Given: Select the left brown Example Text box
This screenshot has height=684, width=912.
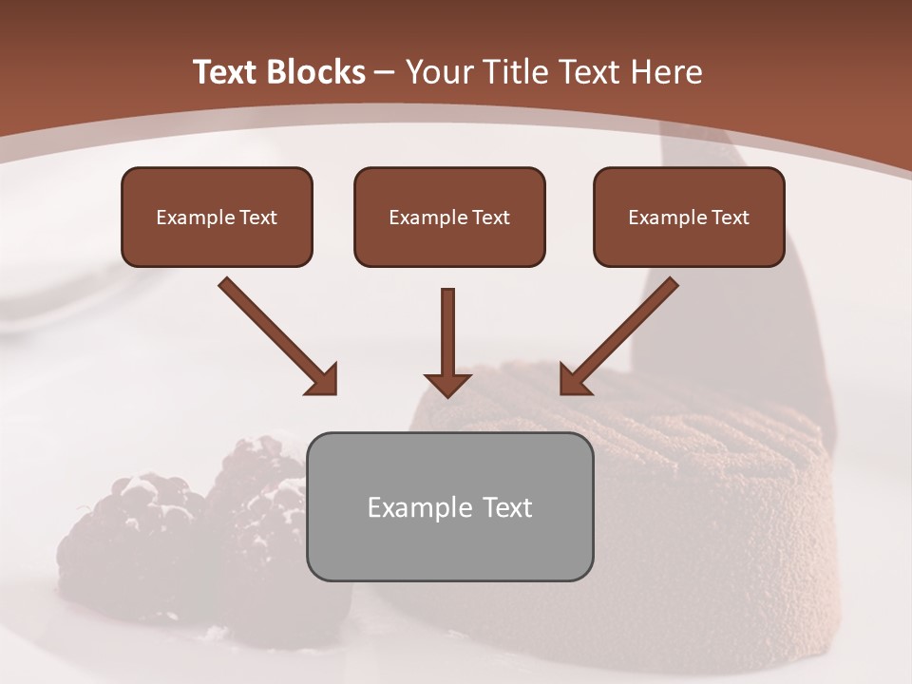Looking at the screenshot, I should click(x=217, y=218).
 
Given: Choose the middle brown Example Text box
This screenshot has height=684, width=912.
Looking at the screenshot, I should click(x=449, y=218).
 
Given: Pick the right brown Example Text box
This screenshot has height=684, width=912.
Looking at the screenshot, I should click(x=689, y=218).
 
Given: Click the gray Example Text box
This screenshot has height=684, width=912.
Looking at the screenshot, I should click(x=449, y=506).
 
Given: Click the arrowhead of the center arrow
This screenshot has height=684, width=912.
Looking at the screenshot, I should click(x=447, y=384).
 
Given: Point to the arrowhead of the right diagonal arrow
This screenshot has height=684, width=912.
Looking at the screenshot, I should click(x=574, y=380).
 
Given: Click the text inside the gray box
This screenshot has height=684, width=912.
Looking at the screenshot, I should click(x=449, y=507).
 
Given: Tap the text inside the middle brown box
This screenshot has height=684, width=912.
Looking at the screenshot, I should click(x=449, y=218).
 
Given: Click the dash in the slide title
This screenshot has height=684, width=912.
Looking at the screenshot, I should click(x=385, y=72).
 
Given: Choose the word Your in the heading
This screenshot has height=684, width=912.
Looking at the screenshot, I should click(x=436, y=72).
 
